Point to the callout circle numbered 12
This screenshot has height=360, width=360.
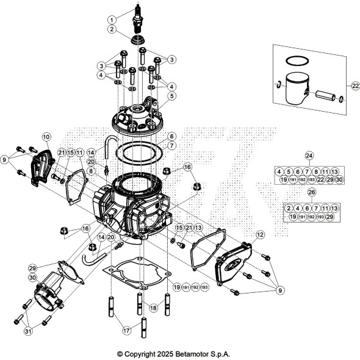pos(260,234)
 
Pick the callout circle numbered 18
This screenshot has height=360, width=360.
pos(153,309)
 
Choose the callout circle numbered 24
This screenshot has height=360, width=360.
pos(309,156)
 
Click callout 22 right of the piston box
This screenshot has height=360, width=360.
pos(356,86)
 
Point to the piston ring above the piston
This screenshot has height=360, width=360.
pos(297,61)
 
